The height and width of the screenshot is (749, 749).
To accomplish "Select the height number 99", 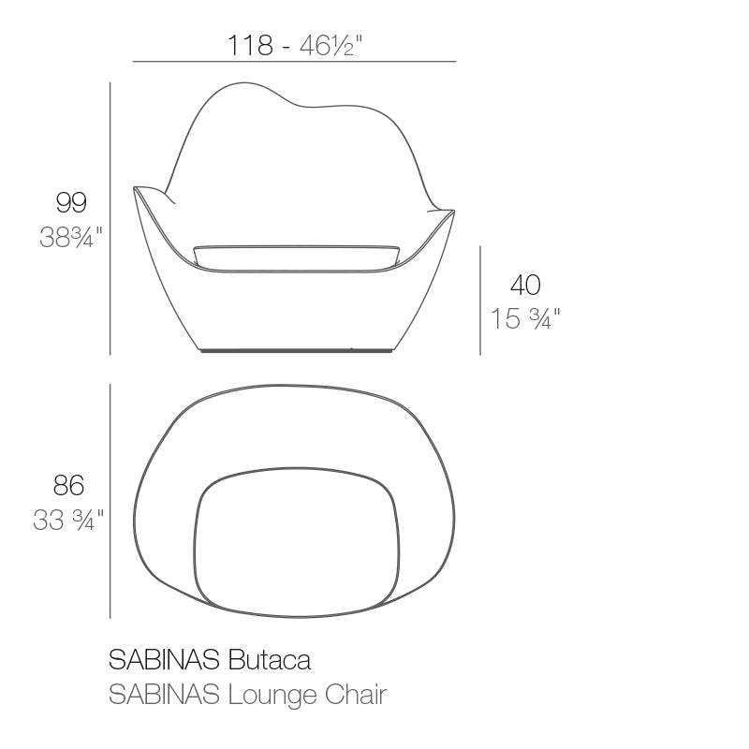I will pyautogui.click(x=71, y=202).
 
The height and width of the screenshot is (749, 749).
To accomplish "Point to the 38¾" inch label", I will pyautogui.click(x=70, y=238).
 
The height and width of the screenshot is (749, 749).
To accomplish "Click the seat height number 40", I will pyautogui.click(x=525, y=285).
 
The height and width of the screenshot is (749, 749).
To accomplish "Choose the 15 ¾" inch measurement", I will pyautogui.click(x=525, y=319).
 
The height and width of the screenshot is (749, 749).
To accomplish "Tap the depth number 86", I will pyautogui.click(x=68, y=485).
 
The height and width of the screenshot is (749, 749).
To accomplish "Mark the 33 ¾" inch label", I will pyautogui.click(x=68, y=520).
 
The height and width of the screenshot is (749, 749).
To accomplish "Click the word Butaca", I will pyautogui.click(x=270, y=660).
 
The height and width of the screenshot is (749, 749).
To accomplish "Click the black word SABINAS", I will pyautogui.click(x=165, y=660).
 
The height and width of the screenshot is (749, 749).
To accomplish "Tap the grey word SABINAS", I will pyautogui.click(x=165, y=695).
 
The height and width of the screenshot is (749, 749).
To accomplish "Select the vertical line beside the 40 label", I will pyautogui.click(x=480, y=300).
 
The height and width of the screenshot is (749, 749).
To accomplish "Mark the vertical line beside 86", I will pyautogui.click(x=110, y=501).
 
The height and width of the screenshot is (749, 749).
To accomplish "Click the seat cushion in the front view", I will pyautogui.click(x=297, y=254).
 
